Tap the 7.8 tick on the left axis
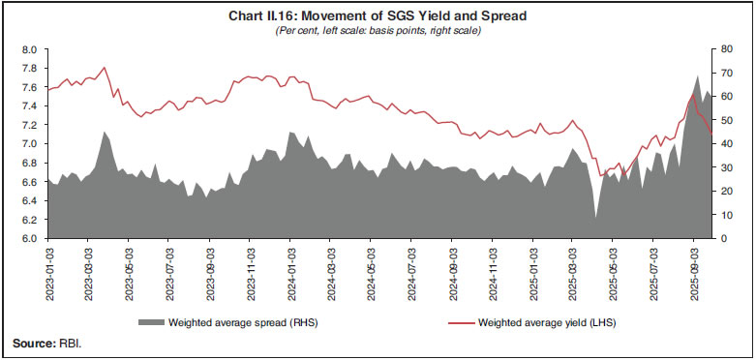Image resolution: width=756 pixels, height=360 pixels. pos(29,68)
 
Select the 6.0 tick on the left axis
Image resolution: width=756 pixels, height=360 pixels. pos(29,238)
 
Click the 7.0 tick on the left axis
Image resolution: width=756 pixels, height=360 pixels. pos(29,143)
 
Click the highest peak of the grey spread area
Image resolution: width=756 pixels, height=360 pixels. pos(699,75)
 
